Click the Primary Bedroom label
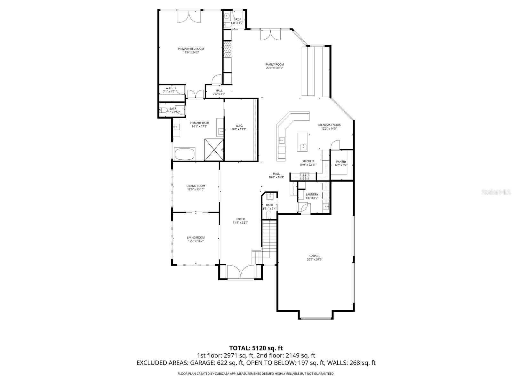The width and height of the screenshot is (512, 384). tap(191, 49)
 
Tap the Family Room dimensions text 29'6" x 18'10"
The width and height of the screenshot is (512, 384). tap(275, 68)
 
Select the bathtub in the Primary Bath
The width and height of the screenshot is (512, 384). tap(185, 154)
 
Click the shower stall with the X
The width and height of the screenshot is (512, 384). tap(214, 149)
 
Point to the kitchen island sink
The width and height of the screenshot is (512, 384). tap(302, 147)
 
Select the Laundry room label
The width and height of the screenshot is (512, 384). tap(312, 194)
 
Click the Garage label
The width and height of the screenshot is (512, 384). tap(315, 256)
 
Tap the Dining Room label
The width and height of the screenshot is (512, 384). tap(196, 186)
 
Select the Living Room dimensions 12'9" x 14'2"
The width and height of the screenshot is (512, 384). tap(196, 241)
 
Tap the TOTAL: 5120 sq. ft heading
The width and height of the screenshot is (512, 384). tap(256, 348)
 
